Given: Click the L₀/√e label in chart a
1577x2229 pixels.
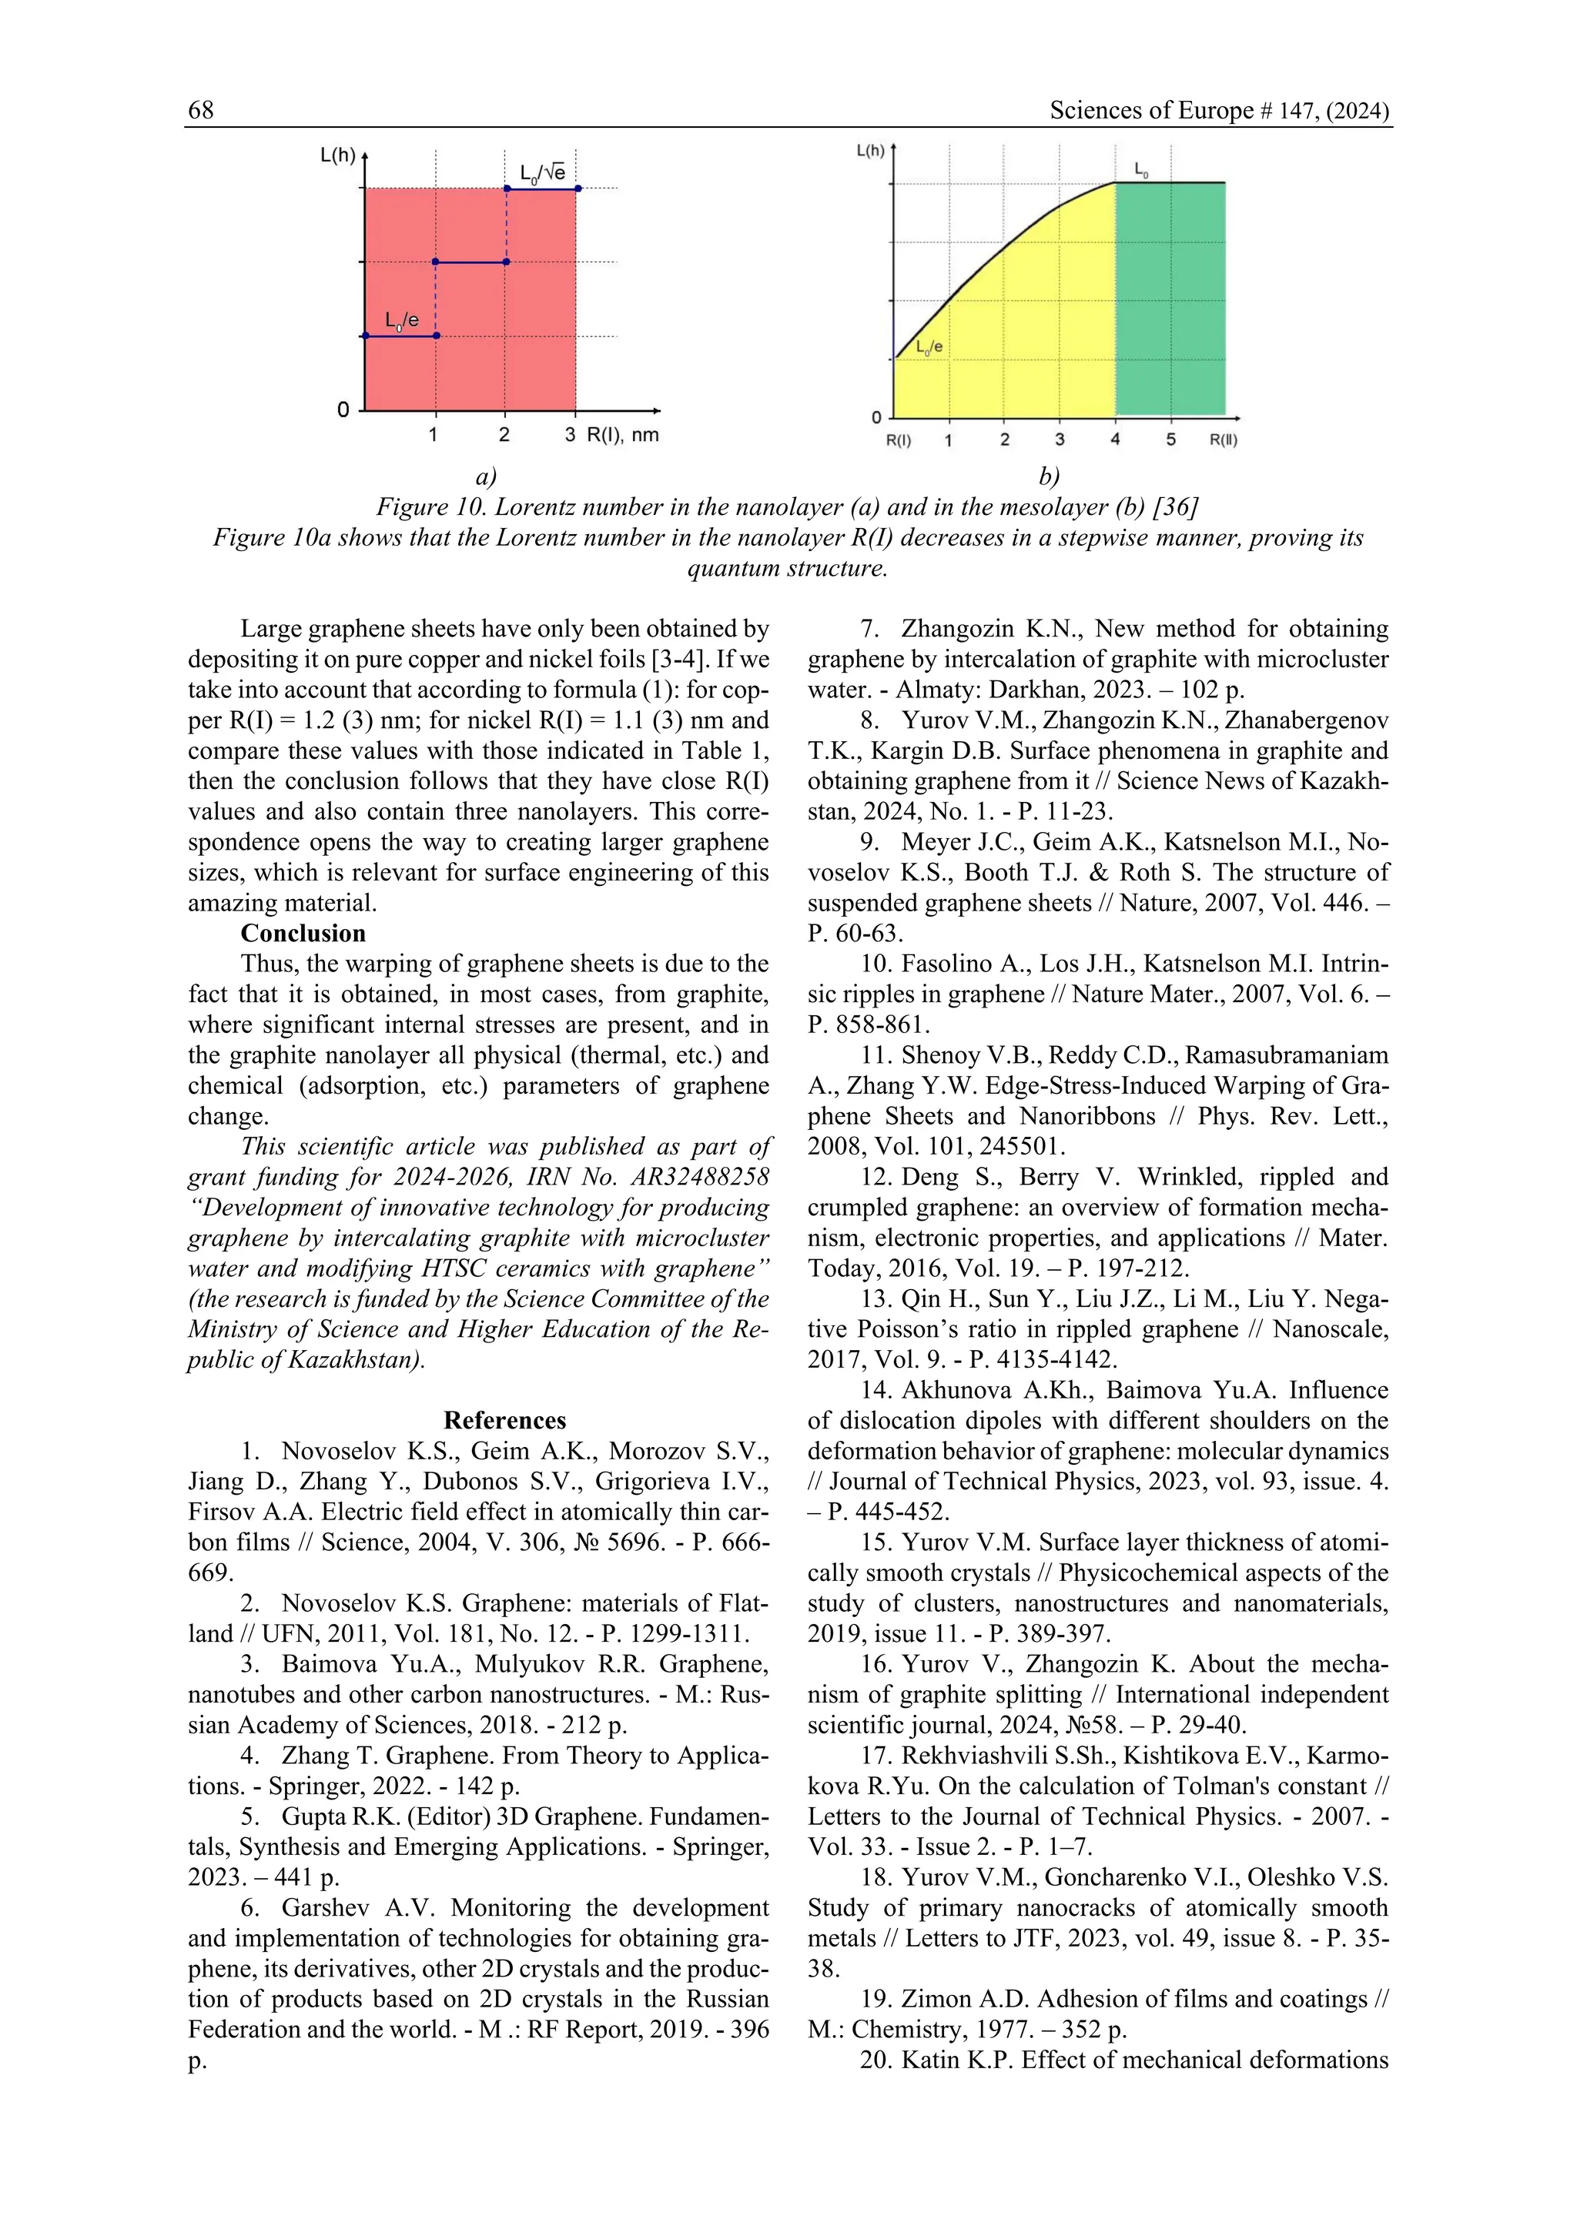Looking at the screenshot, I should click(x=542, y=173).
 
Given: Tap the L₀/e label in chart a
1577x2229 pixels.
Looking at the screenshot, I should click(x=401, y=320).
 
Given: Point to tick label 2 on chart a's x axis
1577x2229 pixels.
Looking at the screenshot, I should click(x=504, y=435).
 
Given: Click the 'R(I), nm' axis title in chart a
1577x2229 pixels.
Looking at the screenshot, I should click(x=622, y=435).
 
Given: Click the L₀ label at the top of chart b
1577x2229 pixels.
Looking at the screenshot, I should click(x=1142, y=171).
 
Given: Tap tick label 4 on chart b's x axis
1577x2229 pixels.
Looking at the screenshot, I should click(x=1115, y=439).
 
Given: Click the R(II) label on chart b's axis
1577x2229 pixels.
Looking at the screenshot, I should click(x=1224, y=439).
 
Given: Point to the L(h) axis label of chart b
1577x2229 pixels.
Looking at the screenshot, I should click(x=870, y=151).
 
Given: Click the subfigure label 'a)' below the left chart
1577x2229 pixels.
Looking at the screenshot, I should click(x=486, y=476).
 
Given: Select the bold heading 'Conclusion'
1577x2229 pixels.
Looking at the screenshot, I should click(x=303, y=933).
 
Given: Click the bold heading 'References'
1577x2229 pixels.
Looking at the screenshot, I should click(x=504, y=1420).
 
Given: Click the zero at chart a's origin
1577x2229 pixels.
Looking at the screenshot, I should click(x=343, y=411).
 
